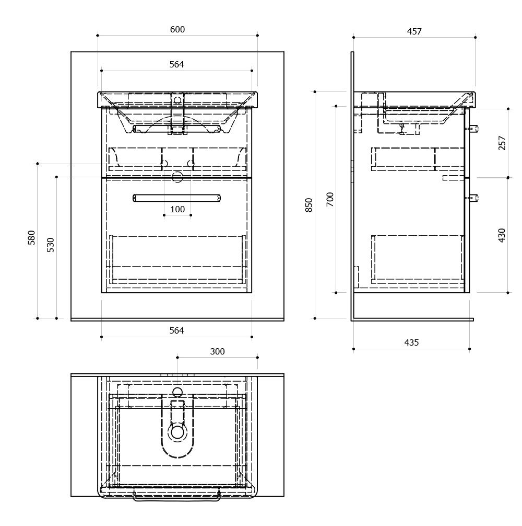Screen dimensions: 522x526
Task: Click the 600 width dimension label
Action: point(177,29)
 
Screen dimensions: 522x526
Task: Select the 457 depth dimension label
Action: point(414,31)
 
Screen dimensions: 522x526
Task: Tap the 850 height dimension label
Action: point(309,205)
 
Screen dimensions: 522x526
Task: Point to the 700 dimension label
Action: point(330,199)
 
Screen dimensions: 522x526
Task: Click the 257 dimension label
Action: point(502,143)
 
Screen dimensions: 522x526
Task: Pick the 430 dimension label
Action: point(502,235)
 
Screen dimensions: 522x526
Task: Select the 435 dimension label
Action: point(411,342)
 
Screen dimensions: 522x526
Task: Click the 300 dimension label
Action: point(217,351)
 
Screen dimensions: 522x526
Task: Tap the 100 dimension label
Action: point(177,209)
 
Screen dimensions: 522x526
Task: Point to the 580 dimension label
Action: point(31,237)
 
